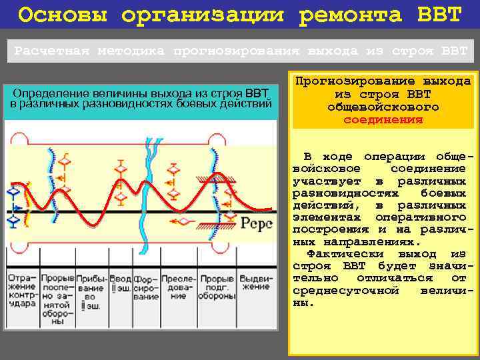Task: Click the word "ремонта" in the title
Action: pos(349,15)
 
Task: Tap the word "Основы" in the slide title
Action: pos(55,15)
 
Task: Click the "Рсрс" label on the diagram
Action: pos(257,223)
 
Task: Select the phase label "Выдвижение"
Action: pos(255,283)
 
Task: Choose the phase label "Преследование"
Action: pos(177,287)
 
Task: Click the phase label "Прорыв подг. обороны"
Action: pos(217,287)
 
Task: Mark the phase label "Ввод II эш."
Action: pos(121,283)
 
